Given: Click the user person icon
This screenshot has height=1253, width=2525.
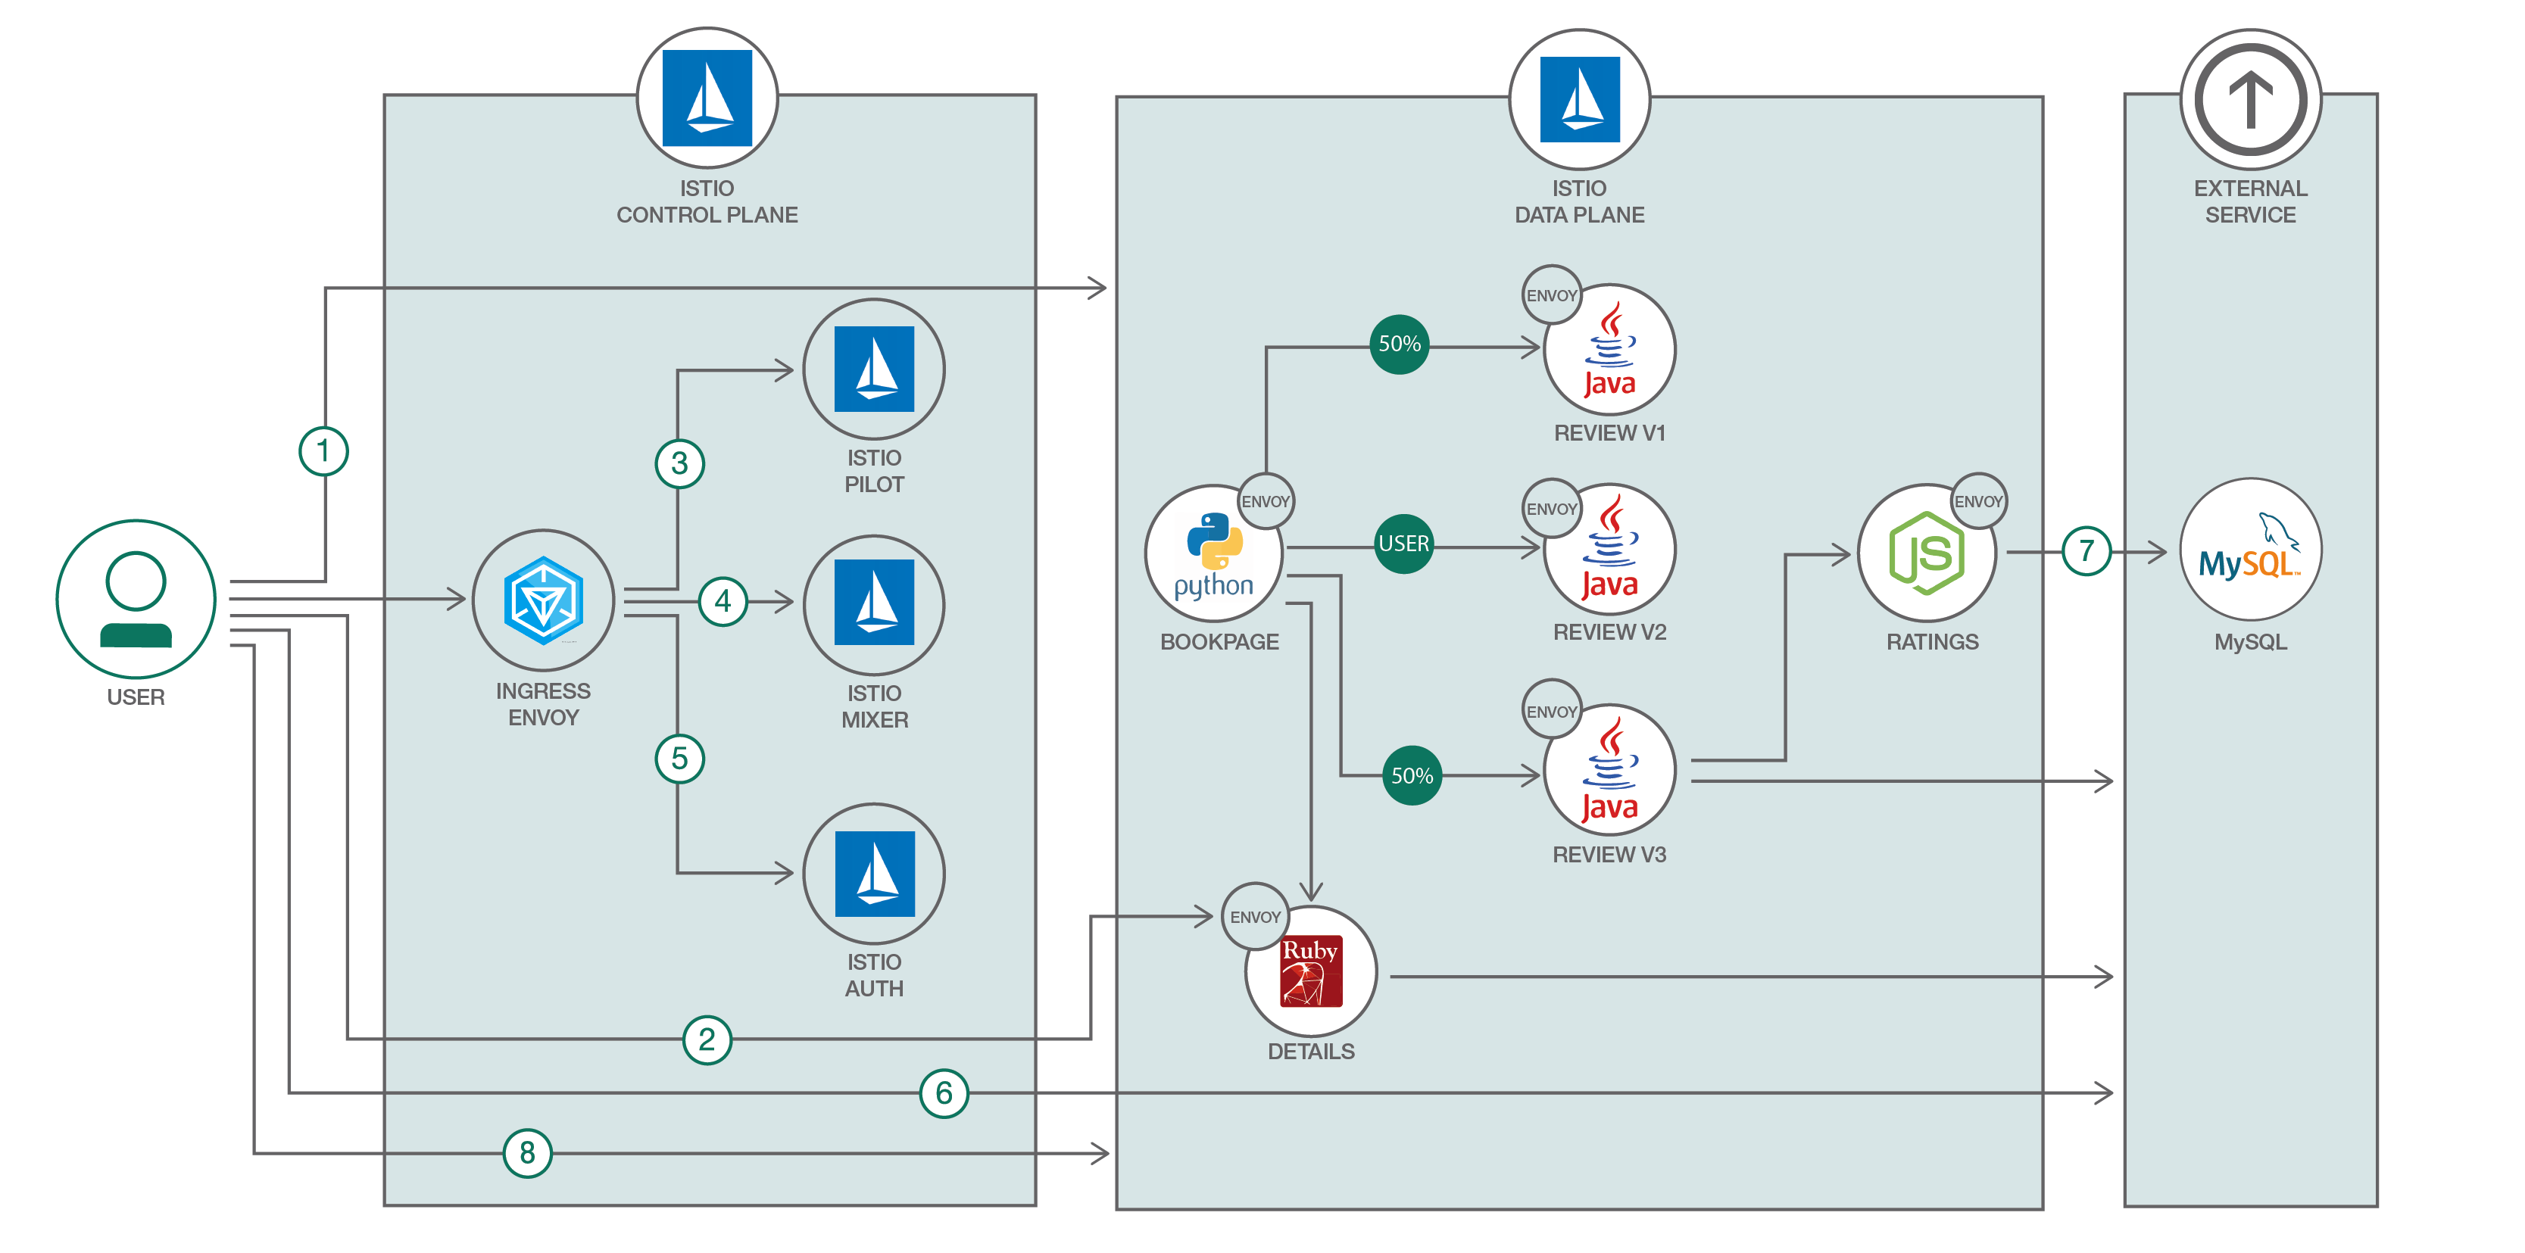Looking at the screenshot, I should point(136,599).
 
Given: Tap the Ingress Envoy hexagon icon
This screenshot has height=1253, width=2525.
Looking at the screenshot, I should point(543,600).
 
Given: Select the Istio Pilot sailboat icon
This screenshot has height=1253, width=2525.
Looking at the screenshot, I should point(873,369).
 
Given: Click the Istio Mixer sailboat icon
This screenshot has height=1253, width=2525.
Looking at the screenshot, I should point(873,603).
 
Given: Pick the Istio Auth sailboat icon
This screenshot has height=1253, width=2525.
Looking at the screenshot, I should point(874,873).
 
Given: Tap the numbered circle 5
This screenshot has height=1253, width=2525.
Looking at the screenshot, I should point(679,759).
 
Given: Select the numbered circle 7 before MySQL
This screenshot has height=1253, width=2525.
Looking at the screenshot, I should point(2086,552).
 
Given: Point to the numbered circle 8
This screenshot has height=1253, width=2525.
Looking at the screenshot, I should point(527,1153).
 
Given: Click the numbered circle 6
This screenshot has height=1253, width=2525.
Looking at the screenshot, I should point(944,1093).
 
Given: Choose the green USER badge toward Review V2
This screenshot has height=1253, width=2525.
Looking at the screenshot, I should point(1403,544).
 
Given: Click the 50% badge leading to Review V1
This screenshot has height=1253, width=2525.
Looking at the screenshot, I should point(1399,344).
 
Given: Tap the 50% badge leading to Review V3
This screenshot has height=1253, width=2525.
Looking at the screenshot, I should point(1412,776).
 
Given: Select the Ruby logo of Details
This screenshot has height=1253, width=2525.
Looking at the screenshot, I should point(1310,971).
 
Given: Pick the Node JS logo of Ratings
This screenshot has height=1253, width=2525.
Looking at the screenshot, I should point(1926,553).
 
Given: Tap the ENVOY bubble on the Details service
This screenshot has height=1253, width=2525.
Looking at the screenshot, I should point(1255,917).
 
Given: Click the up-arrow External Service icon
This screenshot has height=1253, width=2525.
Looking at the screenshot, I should point(2251,99).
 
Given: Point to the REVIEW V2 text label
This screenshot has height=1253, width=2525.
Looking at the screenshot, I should point(1609,633).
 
